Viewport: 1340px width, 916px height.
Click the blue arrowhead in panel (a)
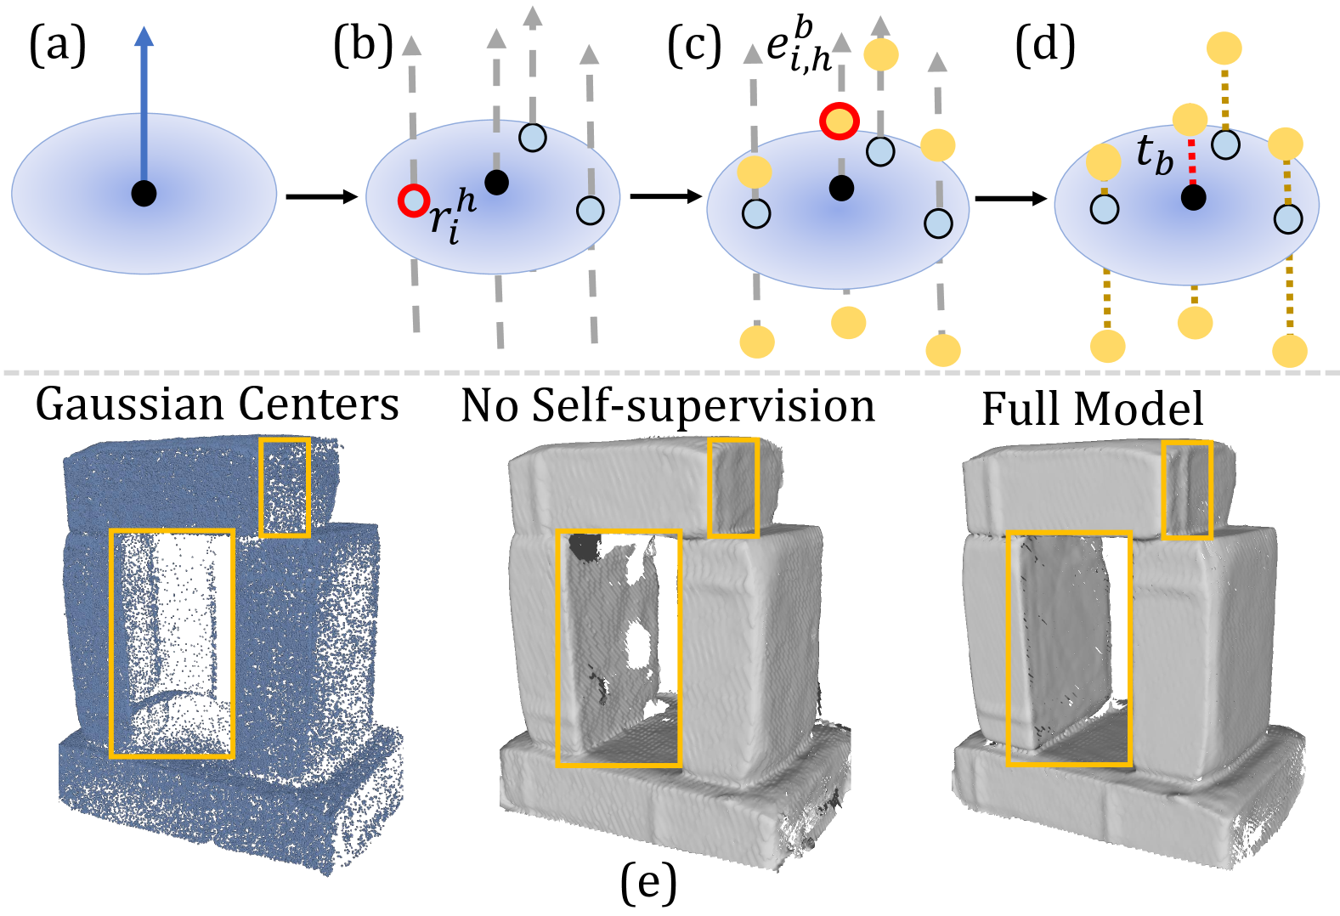click(144, 36)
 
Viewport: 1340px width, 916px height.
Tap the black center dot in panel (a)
click(144, 194)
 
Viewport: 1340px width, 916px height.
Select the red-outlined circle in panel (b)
click(414, 200)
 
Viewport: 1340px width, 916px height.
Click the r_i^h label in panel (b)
click(451, 218)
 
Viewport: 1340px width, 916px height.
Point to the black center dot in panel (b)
click(496, 182)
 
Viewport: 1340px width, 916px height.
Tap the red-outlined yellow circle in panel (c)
click(840, 121)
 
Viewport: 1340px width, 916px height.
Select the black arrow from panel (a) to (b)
click(321, 197)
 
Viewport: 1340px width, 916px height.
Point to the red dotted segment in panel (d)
click(1192, 161)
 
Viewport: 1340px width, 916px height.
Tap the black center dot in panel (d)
click(1193, 198)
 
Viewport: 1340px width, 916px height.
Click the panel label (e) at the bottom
click(648, 884)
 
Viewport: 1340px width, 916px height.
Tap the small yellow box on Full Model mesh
click(1186, 489)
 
